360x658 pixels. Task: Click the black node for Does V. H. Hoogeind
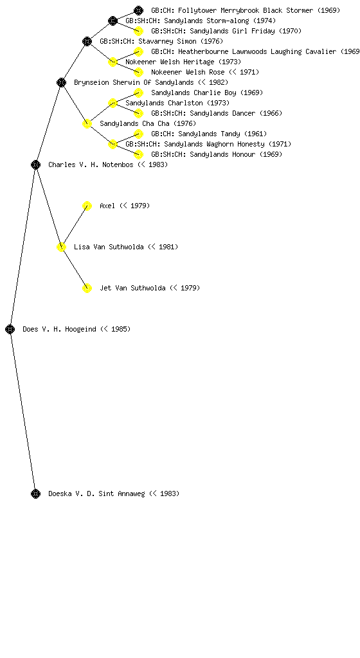tap(10, 329)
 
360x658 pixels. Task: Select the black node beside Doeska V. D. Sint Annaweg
tap(35, 493)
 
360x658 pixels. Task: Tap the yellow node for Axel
tap(87, 206)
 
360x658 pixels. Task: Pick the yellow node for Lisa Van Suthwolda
tap(61, 247)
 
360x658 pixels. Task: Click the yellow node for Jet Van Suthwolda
tap(87, 288)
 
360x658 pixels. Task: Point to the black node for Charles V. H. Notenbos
tap(35, 164)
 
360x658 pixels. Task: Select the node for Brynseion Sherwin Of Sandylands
tap(61, 82)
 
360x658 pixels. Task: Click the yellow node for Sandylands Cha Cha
tap(87, 123)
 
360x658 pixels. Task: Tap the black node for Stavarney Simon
tap(87, 41)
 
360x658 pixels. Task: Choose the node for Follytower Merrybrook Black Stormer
tap(138, 10)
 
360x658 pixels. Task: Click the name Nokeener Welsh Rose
tap(188, 72)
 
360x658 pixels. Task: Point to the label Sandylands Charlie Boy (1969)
tap(207, 93)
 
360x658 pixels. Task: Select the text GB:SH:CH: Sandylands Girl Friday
tap(213, 31)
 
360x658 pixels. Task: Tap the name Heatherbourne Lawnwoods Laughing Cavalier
tap(256, 51)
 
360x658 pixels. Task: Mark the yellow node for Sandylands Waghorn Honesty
tap(113, 144)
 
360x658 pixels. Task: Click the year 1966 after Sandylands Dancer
tap(271, 113)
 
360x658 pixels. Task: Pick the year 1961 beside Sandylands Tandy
tap(255, 134)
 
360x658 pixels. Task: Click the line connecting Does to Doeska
tap(22, 411)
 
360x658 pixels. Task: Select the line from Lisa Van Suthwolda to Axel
tap(74, 226)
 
